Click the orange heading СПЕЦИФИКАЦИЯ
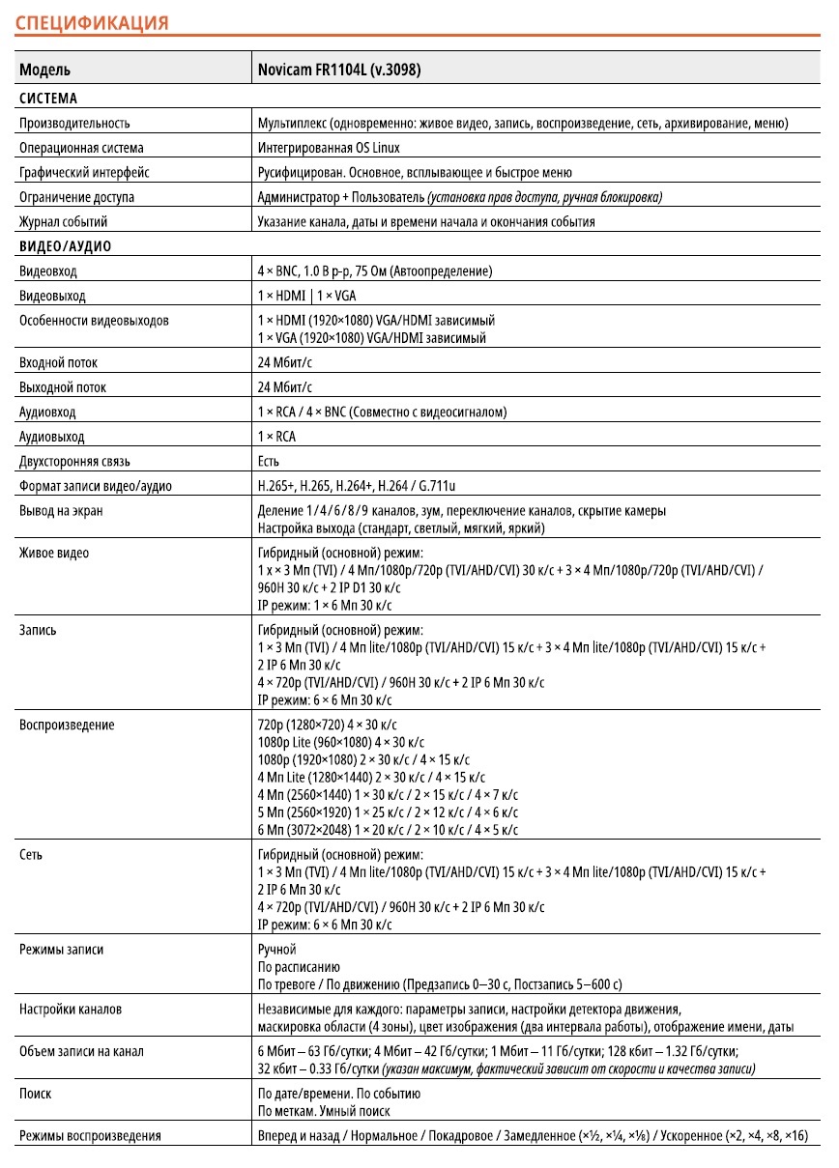tap(92, 22)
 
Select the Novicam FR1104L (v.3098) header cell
tap(338, 70)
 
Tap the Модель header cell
tap(44, 70)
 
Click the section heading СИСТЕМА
tap(48, 98)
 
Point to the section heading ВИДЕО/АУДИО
tap(65, 246)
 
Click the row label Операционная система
tap(81, 148)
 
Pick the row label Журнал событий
tap(64, 221)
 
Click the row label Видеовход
tap(48, 271)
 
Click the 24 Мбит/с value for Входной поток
tap(285, 362)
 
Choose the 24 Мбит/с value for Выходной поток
tap(285, 387)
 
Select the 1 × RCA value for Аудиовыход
tap(277, 436)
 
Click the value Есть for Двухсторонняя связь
tap(269, 461)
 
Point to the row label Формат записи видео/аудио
tap(96, 486)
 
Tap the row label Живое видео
tap(54, 553)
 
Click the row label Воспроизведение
tap(67, 725)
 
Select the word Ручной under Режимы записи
tap(277, 950)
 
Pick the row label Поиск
tap(36, 1094)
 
